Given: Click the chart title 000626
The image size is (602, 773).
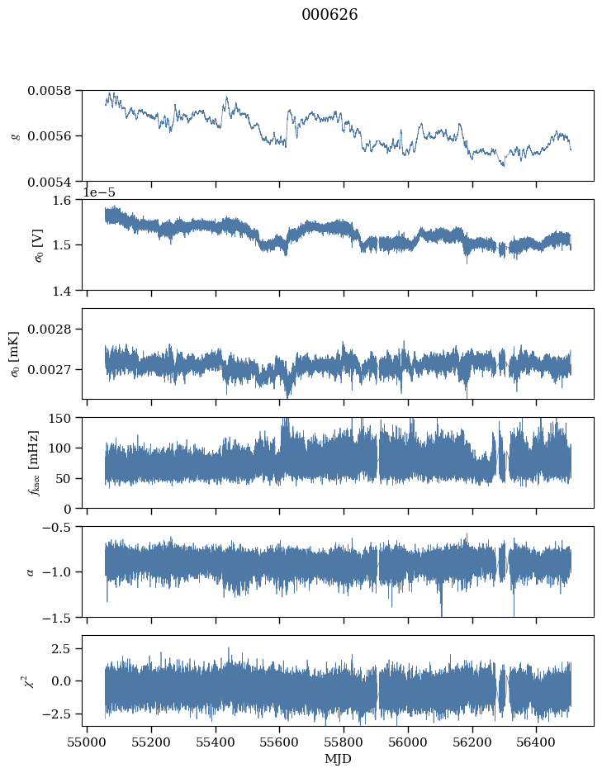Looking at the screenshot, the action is click(x=329, y=14).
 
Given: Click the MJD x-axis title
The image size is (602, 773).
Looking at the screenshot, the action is click(x=338, y=759).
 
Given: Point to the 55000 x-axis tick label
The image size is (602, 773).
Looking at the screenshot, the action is click(x=88, y=742).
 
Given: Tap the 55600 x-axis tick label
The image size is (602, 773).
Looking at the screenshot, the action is click(x=280, y=742).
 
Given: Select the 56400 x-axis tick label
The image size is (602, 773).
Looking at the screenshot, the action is click(x=537, y=742).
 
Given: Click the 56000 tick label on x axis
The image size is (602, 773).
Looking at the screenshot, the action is click(x=408, y=742).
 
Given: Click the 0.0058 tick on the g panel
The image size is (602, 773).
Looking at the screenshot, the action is click(x=49, y=91).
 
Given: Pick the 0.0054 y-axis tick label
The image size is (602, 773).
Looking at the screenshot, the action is click(x=49, y=182).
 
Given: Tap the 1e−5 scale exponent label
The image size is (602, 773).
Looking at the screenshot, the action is click(x=99, y=192).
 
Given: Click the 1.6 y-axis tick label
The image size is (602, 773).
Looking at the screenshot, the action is click(x=62, y=200).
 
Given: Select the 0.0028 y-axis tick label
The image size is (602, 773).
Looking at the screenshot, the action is click(x=49, y=329).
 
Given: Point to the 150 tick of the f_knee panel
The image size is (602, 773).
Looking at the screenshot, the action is click(x=59, y=418).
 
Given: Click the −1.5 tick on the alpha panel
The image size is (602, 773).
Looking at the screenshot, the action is click(x=56, y=618).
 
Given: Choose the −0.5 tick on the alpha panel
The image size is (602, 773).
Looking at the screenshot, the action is click(x=56, y=527).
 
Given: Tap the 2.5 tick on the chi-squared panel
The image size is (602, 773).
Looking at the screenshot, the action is click(x=62, y=649).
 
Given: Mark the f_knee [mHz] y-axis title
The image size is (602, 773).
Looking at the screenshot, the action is click(x=34, y=463).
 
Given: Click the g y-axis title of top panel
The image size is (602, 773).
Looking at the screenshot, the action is click(x=16, y=136).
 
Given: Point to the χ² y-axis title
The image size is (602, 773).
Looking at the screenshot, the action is click(x=31, y=681).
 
